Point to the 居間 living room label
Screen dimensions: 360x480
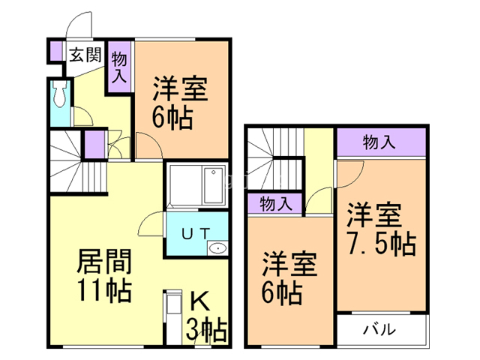(104, 262)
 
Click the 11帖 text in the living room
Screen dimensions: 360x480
(104, 289)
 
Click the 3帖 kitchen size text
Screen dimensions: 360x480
(205, 328)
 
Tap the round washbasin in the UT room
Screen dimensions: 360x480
(218, 248)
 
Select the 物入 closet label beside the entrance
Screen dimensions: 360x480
(120, 65)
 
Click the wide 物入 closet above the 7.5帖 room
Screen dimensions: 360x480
(380, 141)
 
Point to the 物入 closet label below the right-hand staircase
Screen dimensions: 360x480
(275, 202)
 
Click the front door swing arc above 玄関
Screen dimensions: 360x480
(79, 26)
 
